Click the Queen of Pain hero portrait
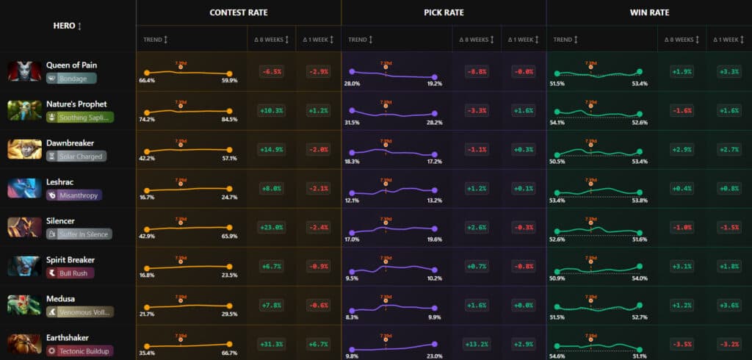pos(24,71)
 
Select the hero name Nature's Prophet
pos(76,104)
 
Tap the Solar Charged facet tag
pos(76,156)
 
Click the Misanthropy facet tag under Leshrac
pos(73,195)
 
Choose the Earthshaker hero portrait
pos(24,344)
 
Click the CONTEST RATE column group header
pos(238,12)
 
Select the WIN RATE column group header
pos(648,12)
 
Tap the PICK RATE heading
pos(444,12)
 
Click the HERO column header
pos(68,26)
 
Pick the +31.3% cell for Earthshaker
pos(272,344)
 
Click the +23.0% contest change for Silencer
pos(272,227)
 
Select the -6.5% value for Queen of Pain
pos(272,71)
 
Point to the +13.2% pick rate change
pos(477,344)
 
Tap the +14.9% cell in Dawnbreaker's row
pos(272,149)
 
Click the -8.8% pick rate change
pos(477,71)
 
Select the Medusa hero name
pos(60,298)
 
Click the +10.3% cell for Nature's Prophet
pos(272,110)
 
